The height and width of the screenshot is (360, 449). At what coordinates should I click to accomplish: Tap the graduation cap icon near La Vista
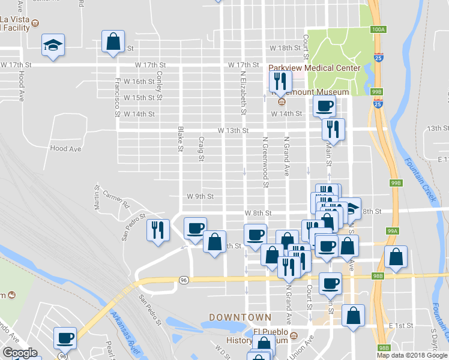(x=53, y=44)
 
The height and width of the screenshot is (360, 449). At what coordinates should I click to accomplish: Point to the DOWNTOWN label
(x=240, y=316)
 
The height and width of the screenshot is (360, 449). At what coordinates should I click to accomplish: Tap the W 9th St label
(x=200, y=196)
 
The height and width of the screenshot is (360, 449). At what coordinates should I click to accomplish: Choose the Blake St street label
(x=179, y=139)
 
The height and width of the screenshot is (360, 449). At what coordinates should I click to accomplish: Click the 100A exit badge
(x=378, y=29)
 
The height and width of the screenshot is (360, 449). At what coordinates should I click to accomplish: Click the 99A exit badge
(x=393, y=230)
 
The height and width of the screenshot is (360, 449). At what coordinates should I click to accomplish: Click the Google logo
(x=20, y=353)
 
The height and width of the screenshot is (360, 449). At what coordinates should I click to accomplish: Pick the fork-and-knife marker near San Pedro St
(x=158, y=230)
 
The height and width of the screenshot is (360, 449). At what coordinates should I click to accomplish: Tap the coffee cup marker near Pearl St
(x=65, y=337)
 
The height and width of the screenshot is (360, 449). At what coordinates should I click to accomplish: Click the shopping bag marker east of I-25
(x=396, y=256)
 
